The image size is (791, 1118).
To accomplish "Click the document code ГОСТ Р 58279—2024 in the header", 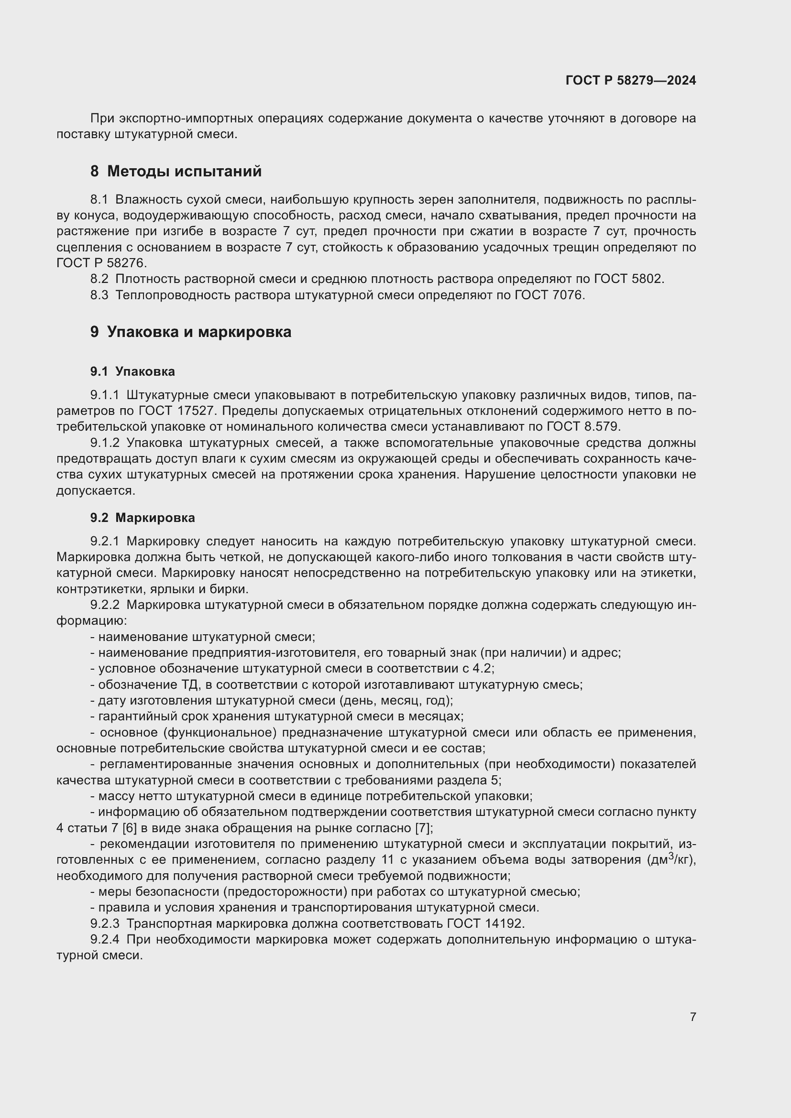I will (x=630, y=80).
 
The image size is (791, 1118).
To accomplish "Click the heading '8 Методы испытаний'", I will (x=176, y=172).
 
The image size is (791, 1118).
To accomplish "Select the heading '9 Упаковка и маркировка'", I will (x=190, y=332).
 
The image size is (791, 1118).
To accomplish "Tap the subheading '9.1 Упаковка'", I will (x=132, y=371).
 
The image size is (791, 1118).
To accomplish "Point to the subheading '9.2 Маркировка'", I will (x=142, y=518).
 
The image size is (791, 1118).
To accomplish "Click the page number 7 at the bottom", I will (x=692, y=1017).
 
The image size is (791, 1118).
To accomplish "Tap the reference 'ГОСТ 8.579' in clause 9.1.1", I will (x=582, y=426).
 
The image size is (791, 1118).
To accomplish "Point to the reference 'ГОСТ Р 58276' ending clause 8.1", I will (x=100, y=263).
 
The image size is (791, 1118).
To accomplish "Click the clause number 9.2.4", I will (x=105, y=939).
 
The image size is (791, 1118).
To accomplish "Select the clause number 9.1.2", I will (x=105, y=443).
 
